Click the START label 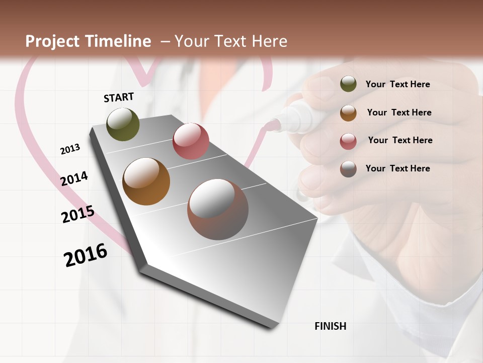click(x=119, y=97)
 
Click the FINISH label click(x=331, y=326)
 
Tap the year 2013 click(x=70, y=149)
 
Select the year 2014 click(x=74, y=178)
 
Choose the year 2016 click(x=86, y=255)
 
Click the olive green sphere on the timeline click(x=123, y=124)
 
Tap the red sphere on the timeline click(x=191, y=141)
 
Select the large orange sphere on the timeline click(x=146, y=181)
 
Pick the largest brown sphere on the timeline click(x=218, y=209)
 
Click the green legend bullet click(x=348, y=84)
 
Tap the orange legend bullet click(x=348, y=113)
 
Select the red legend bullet click(x=348, y=141)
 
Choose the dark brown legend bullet click(x=348, y=169)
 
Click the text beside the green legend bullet click(x=397, y=84)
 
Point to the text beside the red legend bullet click(x=400, y=140)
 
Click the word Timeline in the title click(x=119, y=41)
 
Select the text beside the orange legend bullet click(x=399, y=112)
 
